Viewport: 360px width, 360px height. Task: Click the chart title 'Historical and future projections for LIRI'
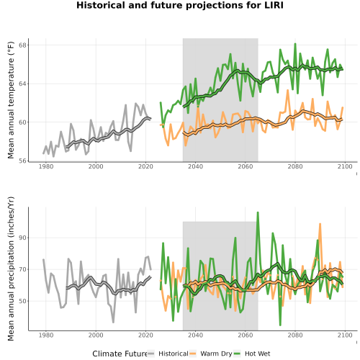[180, 5]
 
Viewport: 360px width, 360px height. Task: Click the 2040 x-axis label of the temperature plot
[195, 166]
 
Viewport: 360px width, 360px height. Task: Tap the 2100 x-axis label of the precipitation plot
[345, 335]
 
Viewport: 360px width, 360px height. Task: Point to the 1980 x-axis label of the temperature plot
[46, 166]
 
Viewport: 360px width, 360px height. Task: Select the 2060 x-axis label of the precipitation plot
[246, 335]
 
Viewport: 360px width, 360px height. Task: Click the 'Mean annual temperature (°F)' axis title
[11, 100]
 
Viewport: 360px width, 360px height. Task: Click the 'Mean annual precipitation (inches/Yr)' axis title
[11, 269]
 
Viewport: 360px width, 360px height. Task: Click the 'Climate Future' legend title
[120, 354]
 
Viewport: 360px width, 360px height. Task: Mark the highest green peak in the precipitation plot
[258, 212]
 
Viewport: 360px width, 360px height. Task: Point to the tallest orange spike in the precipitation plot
[320, 224]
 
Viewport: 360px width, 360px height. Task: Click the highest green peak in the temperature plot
[295, 44]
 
